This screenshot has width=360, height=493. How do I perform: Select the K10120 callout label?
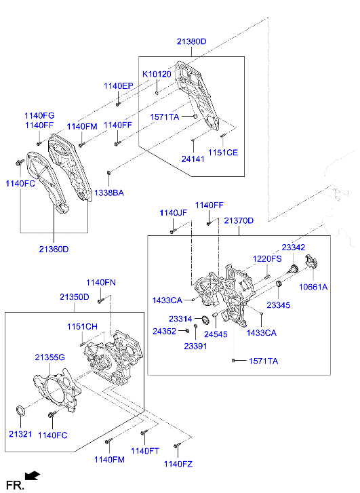click(x=157, y=73)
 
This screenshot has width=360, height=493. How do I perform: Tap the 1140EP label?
click(x=118, y=86)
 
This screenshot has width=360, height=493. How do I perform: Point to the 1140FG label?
click(x=39, y=116)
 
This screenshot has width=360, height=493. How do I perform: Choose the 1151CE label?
click(x=223, y=153)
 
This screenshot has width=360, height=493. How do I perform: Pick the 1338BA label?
click(x=108, y=193)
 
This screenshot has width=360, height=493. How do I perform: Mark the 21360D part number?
click(x=54, y=249)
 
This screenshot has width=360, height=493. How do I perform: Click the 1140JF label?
click(x=173, y=213)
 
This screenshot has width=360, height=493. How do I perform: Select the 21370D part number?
click(x=239, y=221)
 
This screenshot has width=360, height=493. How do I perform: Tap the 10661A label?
click(x=313, y=287)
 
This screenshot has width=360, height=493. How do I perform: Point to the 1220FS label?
click(x=267, y=259)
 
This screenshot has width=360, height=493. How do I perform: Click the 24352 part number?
click(x=165, y=332)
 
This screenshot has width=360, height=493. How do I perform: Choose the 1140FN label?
click(x=100, y=282)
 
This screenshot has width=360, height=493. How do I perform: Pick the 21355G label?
click(x=49, y=357)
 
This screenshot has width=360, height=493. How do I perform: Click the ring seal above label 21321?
click(x=21, y=410)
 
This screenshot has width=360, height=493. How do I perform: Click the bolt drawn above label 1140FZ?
click(x=176, y=446)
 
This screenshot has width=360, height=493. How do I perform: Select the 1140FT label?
click(x=144, y=451)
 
